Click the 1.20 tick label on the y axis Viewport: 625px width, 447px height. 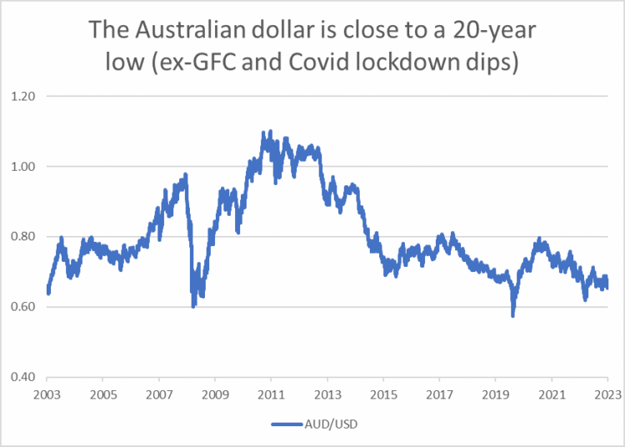24,97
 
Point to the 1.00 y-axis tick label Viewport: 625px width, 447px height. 24,167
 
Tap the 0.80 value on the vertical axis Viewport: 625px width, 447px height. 24,237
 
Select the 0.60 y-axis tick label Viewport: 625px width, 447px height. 24,307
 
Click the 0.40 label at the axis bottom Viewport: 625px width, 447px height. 24,377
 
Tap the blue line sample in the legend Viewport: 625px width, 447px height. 288,424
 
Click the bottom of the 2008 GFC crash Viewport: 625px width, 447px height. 193,307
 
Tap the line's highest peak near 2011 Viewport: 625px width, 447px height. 264,132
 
